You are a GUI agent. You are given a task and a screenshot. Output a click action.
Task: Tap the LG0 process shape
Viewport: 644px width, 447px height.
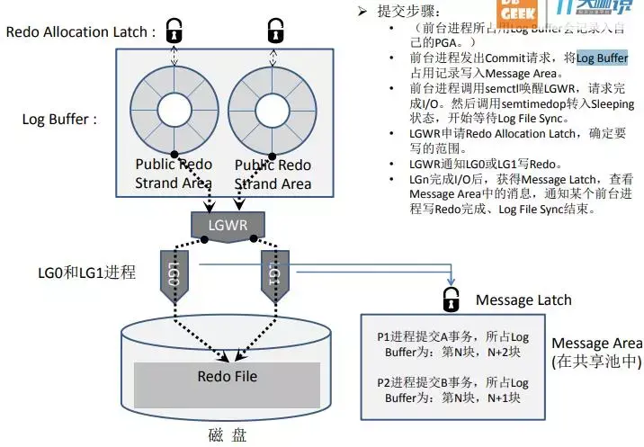pos(174,274)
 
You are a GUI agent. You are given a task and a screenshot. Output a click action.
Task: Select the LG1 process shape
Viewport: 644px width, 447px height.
pos(275,274)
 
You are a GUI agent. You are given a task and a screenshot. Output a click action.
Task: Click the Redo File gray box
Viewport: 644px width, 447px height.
pos(227,377)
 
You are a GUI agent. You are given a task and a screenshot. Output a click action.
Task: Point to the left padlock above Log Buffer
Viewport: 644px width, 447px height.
pos(174,31)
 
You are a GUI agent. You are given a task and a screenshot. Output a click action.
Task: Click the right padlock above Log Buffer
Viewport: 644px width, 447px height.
pos(275,31)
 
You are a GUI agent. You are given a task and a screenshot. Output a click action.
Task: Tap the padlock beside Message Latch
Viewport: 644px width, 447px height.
pos(449,299)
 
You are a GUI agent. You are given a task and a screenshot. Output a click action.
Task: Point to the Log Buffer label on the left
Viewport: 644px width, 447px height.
pos(59,119)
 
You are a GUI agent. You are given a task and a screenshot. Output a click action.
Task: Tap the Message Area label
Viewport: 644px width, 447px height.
pos(596,344)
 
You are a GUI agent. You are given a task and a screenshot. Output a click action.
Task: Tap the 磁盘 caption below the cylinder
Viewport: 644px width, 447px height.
pos(227,434)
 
